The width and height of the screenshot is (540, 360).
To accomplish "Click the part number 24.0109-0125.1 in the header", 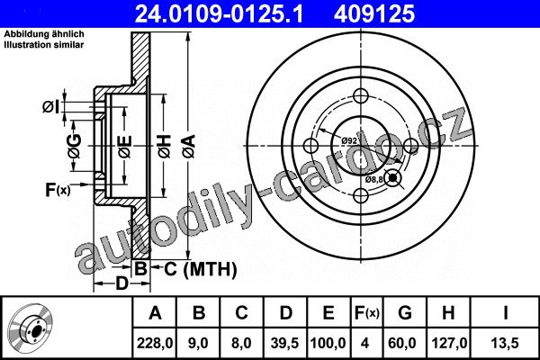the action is click(219, 13).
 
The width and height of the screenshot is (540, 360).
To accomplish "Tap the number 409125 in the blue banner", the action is click(374, 13).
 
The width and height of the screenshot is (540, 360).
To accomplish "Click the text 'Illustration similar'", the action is click(44, 45).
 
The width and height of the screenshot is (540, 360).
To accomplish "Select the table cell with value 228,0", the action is click(155, 343).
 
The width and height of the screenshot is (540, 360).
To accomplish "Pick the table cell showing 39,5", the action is click(285, 343).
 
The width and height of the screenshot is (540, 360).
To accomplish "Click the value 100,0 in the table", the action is click(328, 343).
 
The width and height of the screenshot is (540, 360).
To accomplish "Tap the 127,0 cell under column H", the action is click(449, 343).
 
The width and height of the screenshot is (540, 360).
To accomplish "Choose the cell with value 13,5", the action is click(505, 343).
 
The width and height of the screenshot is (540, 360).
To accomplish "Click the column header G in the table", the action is click(405, 313).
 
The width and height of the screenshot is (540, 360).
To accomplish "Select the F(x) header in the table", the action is click(367, 313).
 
